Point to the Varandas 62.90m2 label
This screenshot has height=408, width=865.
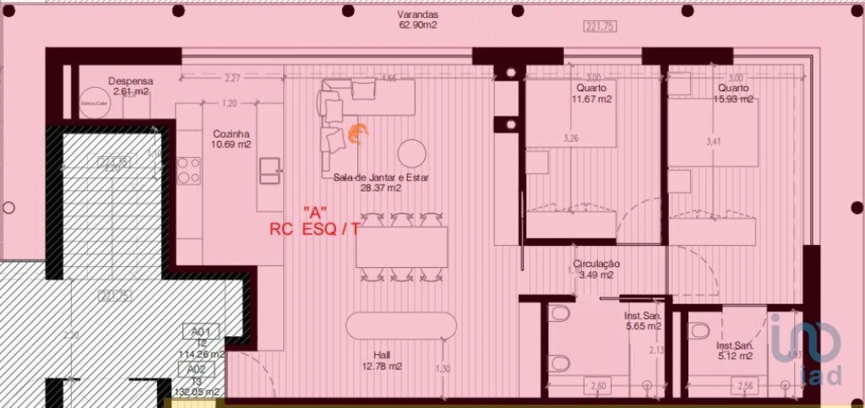[x=418, y=20]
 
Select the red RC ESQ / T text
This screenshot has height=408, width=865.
[x=315, y=229]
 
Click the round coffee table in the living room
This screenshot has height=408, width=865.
[x=412, y=152]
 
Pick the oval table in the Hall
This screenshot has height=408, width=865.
[x=401, y=326]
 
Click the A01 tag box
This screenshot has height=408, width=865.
[x=201, y=331]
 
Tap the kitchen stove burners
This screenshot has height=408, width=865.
[x=189, y=170]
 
